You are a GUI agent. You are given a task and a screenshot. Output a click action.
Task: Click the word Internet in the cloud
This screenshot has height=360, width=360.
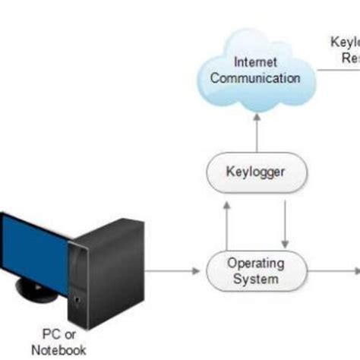pyautogui.click(x=255, y=62)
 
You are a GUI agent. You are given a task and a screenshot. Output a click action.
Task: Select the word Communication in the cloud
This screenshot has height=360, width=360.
pyautogui.click(x=255, y=77)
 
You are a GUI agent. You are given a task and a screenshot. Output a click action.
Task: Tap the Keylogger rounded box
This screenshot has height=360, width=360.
pyautogui.click(x=256, y=172)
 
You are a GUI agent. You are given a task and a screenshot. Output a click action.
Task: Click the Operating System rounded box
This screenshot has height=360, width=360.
pyautogui.click(x=256, y=271)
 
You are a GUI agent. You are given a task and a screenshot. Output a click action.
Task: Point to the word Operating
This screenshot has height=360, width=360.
pyautogui.click(x=256, y=264)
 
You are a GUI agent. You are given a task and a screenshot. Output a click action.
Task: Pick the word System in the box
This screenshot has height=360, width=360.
pyautogui.click(x=256, y=279)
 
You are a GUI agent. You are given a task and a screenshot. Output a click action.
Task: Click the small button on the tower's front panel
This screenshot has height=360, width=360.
pyautogui.click(x=76, y=303)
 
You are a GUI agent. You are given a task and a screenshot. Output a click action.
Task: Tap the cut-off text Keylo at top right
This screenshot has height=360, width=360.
pyautogui.click(x=345, y=43)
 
